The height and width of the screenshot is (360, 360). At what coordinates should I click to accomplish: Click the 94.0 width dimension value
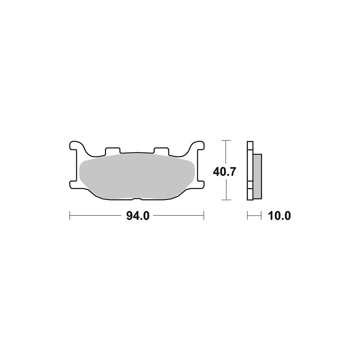[138, 216]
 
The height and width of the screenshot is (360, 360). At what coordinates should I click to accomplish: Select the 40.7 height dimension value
[224, 172]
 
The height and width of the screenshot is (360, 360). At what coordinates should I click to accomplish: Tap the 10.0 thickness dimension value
[279, 216]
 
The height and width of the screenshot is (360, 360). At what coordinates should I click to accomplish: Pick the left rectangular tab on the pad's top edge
[112, 150]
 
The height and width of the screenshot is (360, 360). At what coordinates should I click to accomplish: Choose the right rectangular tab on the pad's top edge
[161, 150]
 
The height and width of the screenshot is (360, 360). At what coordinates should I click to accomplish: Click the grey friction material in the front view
[137, 176]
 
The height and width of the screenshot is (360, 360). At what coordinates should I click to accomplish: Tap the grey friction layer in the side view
[257, 176]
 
